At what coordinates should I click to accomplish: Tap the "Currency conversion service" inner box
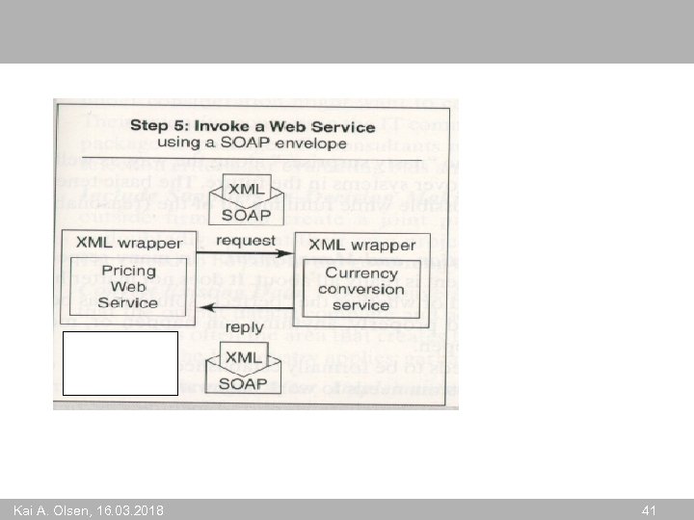360,289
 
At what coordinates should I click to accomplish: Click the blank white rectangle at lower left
120,363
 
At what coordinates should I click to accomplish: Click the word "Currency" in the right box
360,273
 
